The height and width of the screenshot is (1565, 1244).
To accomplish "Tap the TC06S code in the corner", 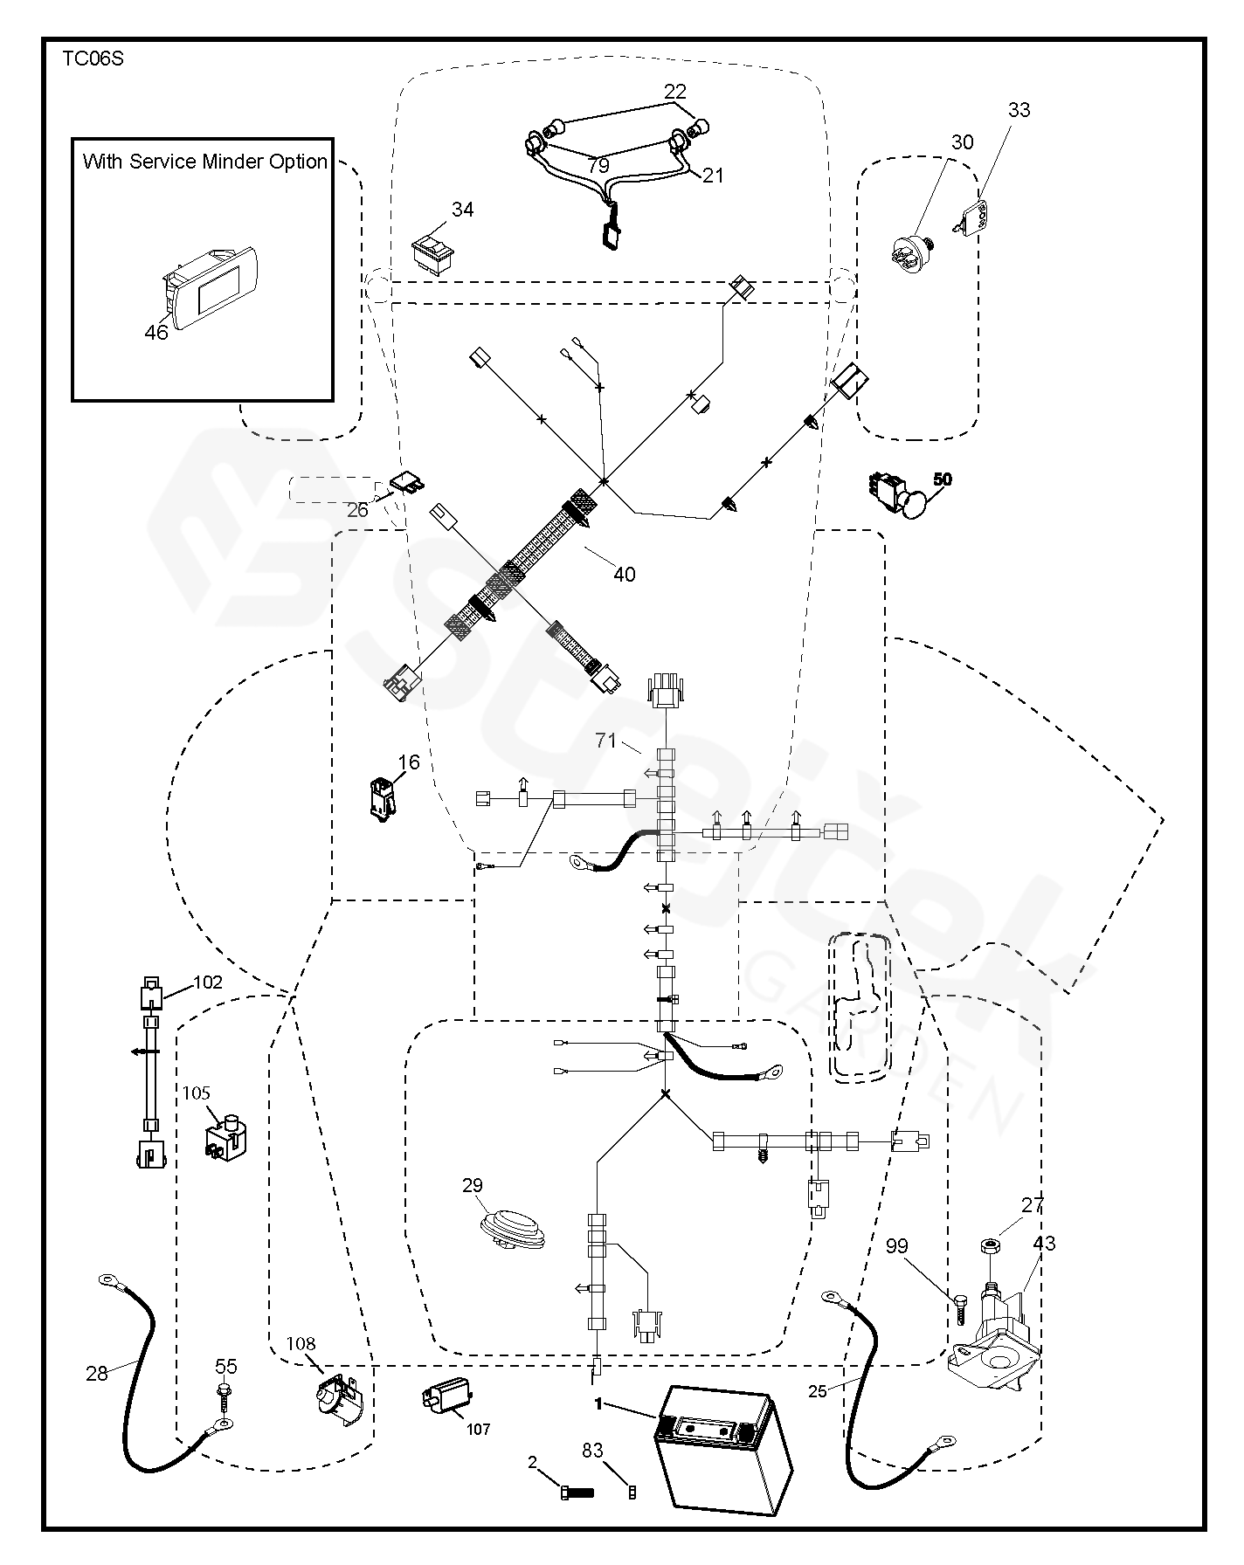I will (93, 60).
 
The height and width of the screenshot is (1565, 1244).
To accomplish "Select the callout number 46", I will (156, 332).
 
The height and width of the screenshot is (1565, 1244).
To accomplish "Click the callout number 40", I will (624, 574).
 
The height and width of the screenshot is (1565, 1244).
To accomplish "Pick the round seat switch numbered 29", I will (512, 1226).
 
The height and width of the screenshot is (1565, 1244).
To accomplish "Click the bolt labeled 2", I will (576, 1493).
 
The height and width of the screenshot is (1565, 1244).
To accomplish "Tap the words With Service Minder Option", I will (204, 162).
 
